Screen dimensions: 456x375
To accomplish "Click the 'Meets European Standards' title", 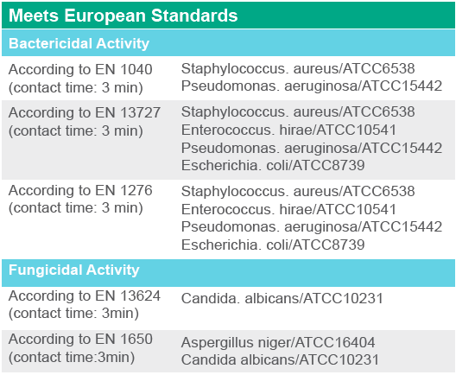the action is tap(123, 16).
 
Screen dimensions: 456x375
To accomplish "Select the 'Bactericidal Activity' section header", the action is tap(79, 44).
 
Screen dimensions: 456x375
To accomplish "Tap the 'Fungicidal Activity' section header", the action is tap(74, 270).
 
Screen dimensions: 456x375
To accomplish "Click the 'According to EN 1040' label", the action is tap(80, 69).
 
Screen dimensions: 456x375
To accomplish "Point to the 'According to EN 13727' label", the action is tap(85, 112).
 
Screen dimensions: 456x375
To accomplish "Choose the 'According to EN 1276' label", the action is tap(80, 191).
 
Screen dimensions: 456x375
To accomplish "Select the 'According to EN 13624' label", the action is tap(85, 296).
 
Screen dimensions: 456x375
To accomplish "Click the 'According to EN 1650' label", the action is tap(80, 340).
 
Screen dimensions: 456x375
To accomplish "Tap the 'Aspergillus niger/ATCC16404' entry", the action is tap(278, 342).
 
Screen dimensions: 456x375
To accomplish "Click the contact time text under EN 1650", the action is tap(72, 358).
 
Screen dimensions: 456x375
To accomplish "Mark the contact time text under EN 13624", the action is tap(73, 314).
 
